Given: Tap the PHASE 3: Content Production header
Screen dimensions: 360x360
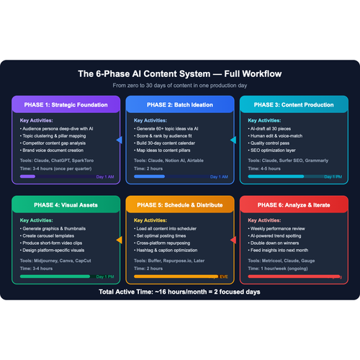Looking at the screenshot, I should (291, 104).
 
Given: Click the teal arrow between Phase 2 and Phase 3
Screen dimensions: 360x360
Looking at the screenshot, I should (233, 140).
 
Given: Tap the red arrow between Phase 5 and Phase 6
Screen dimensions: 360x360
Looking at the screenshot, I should (233, 240).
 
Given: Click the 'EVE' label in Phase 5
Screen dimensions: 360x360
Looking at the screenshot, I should (223, 276).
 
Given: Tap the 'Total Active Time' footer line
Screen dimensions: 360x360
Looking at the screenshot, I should (179, 293).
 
